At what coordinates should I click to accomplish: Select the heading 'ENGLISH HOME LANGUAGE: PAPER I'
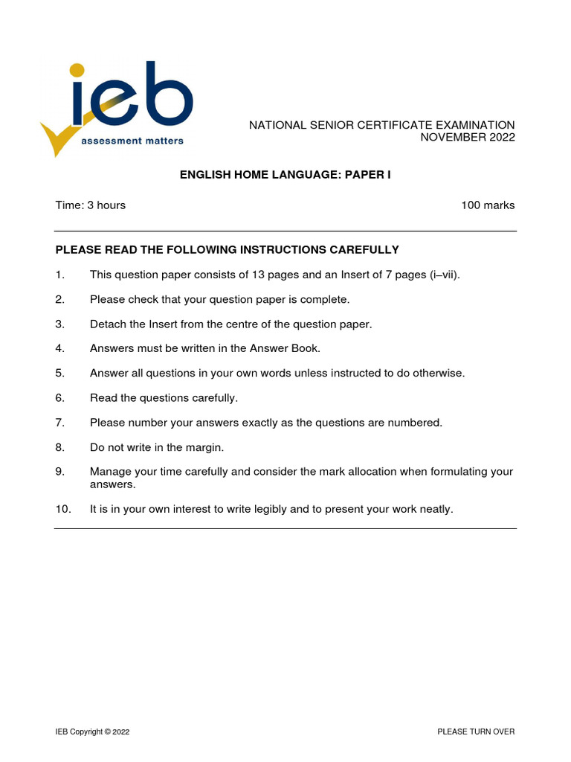(x=285, y=175)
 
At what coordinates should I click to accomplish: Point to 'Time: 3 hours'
(x=90, y=205)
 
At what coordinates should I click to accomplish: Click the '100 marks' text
(x=488, y=205)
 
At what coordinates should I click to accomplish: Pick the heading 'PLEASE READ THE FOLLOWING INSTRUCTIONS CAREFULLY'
(x=227, y=250)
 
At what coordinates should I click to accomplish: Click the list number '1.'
(x=60, y=275)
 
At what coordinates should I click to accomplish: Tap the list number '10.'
(x=62, y=510)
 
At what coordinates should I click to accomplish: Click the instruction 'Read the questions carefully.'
(x=164, y=398)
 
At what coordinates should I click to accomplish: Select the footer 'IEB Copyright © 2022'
(x=92, y=732)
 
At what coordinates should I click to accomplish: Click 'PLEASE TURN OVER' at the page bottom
(x=476, y=732)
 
